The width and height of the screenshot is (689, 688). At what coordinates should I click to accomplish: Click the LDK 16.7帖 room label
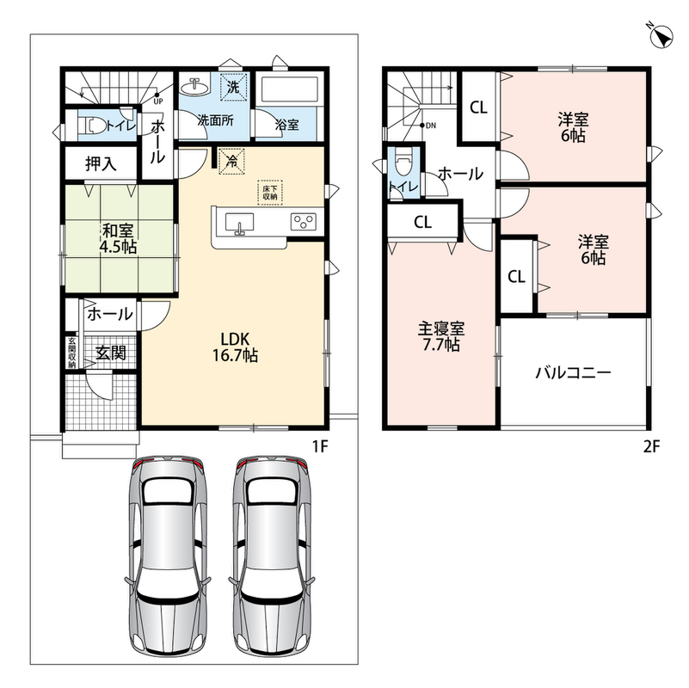235,347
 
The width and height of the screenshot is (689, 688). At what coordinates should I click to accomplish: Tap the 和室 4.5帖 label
118,238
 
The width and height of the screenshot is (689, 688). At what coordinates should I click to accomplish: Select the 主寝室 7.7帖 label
440,336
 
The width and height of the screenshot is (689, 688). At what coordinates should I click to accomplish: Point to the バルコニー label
573,373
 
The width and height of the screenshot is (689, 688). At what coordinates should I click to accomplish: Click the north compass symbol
660,35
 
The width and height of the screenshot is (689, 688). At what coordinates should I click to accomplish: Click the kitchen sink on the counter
239,223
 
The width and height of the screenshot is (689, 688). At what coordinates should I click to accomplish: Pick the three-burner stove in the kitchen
304,221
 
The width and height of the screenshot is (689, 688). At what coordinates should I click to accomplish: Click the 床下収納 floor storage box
270,193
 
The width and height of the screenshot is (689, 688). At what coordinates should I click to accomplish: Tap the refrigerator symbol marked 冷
231,161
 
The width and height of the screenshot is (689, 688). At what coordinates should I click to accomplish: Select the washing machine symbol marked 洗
234,87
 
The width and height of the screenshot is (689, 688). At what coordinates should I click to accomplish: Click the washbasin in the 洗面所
194,87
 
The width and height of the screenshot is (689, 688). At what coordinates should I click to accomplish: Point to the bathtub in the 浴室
290,89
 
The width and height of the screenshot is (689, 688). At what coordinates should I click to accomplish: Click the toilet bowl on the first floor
92,126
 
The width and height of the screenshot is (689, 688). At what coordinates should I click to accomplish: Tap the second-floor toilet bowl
403,161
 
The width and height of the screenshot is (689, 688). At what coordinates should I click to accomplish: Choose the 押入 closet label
101,163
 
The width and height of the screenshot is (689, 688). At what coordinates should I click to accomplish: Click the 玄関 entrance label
111,353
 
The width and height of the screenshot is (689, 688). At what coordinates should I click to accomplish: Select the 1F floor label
320,446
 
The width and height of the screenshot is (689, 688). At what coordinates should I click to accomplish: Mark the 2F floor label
652,446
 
